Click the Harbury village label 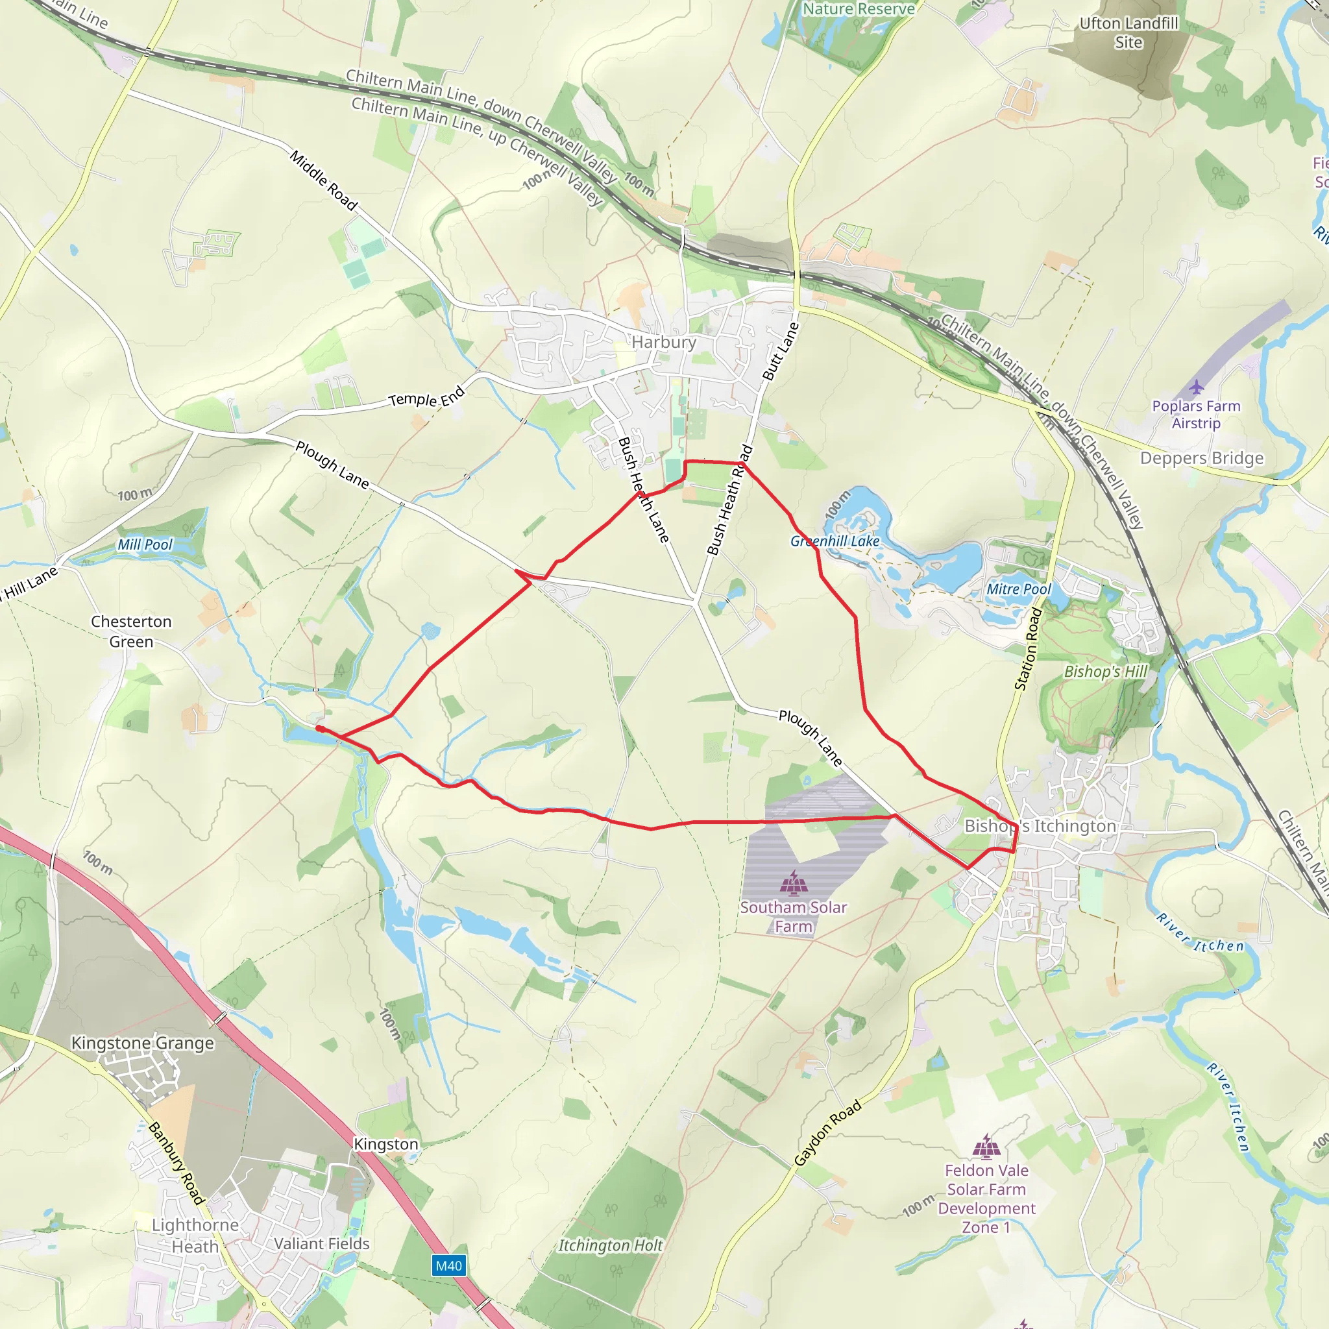pos(664,342)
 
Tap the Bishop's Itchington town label pos(1040,825)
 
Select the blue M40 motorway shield pos(448,1265)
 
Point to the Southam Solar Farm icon pos(794,883)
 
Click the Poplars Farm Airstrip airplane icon pos(1196,387)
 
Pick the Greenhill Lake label pos(835,541)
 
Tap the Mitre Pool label pos(1018,589)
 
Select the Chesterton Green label pos(131,631)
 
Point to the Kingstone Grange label pos(142,1043)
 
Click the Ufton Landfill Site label pos(1129,32)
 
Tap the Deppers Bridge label pos(1202,458)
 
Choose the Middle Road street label pos(323,180)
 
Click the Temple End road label pos(426,398)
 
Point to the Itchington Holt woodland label pos(610,1246)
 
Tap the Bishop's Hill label pos(1105,672)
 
